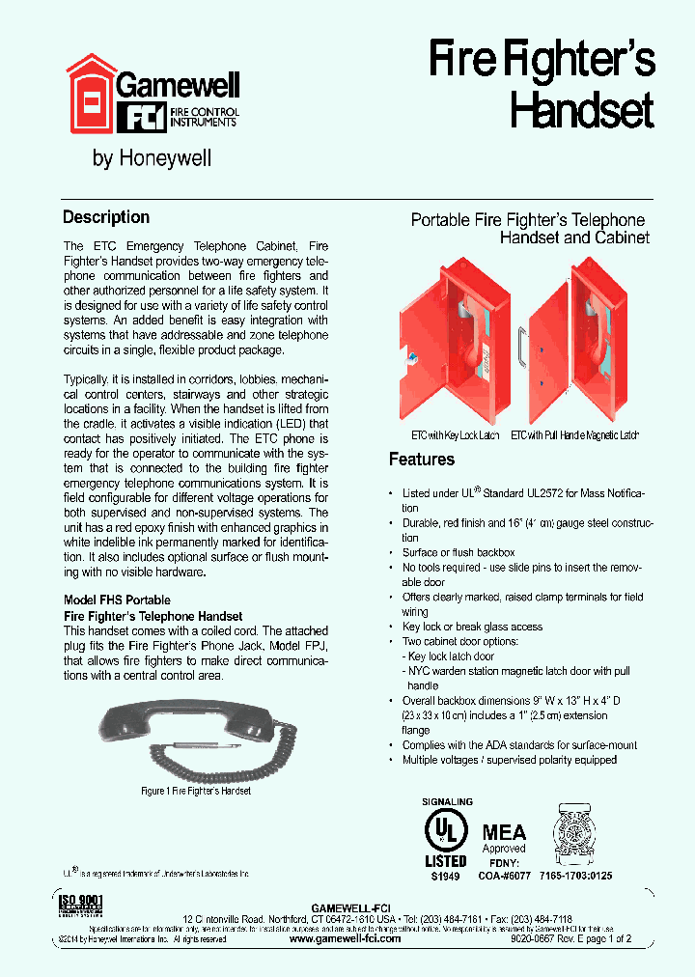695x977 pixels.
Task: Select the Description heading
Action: pos(106,217)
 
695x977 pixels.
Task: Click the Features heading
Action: pos(422,459)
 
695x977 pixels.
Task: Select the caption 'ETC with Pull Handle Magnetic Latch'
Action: pos(574,435)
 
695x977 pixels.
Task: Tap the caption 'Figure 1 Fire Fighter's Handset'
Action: pos(196,791)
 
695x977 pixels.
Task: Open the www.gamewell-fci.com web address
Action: pos(345,938)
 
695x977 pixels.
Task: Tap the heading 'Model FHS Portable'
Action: pos(117,600)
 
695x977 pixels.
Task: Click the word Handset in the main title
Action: pos(581,110)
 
